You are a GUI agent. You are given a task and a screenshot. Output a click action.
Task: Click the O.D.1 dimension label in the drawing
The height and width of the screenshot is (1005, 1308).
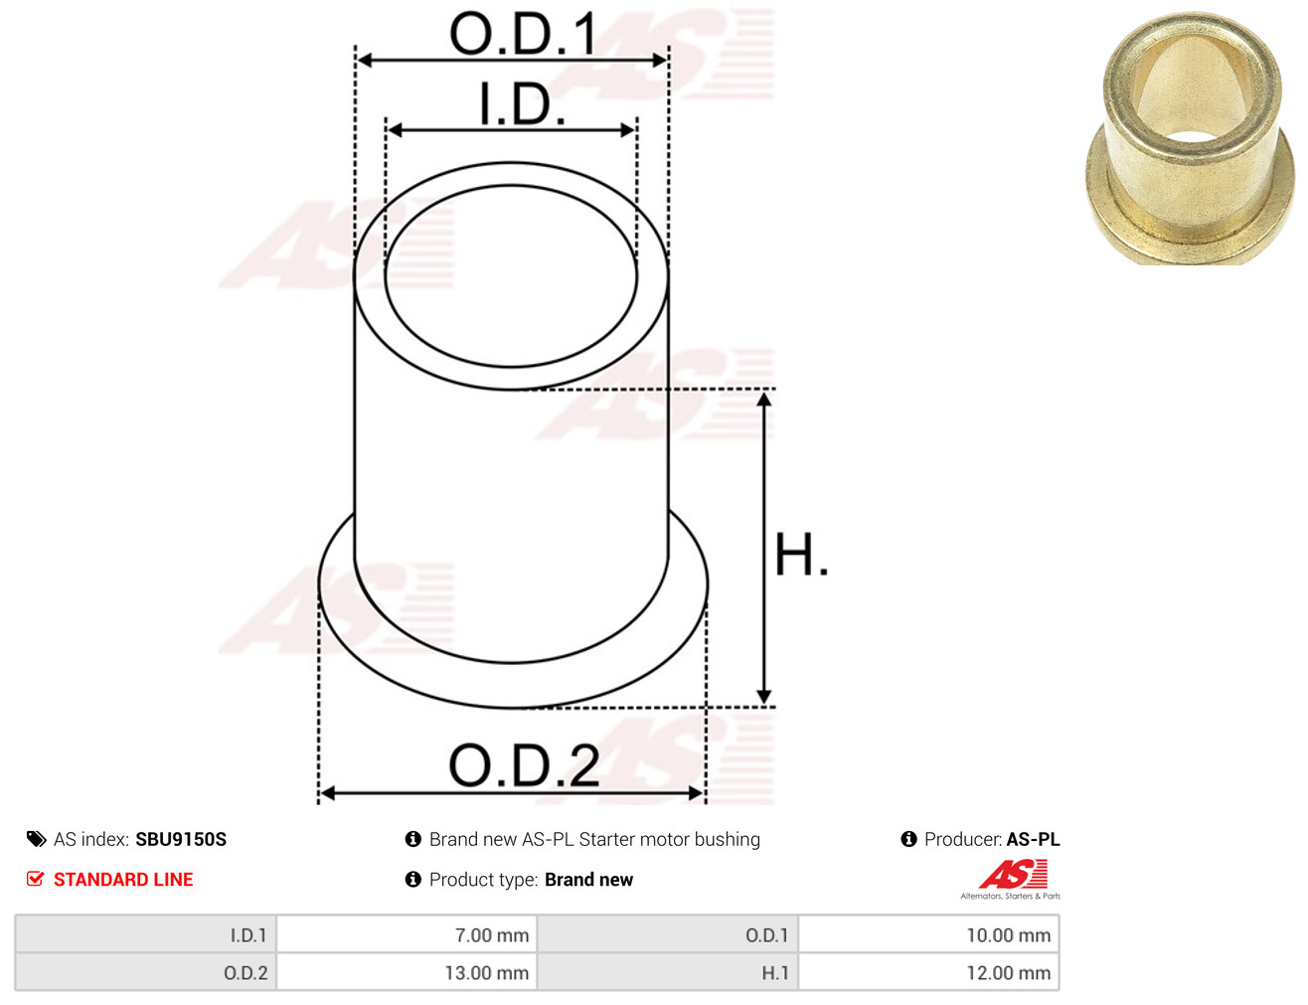523,34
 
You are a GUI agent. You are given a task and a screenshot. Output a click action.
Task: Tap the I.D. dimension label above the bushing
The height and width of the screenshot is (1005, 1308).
522,104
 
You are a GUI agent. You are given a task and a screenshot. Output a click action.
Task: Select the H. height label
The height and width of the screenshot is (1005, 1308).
800,555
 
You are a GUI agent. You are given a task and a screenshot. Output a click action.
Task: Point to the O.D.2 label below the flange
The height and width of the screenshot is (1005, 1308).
524,765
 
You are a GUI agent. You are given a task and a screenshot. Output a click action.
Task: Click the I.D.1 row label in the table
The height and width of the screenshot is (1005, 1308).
248,935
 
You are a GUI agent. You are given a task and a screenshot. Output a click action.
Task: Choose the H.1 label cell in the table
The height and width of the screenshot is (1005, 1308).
774,973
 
